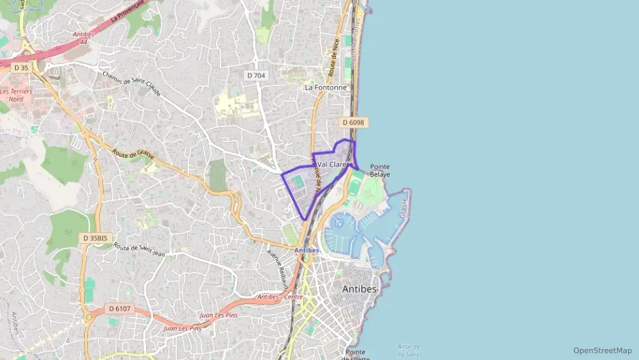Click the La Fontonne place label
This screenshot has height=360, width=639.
pos(326,87)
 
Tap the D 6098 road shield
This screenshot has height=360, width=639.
pos(353,122)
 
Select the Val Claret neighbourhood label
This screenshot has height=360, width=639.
pos(333,164)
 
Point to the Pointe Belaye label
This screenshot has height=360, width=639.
pos(380,170)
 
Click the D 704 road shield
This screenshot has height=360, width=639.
pos(256,75)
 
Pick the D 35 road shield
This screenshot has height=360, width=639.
pos(20,67)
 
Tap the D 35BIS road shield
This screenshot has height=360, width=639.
pos(94,238)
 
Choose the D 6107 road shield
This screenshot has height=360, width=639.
pos(119,309)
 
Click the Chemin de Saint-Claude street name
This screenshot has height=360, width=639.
pos(131,83)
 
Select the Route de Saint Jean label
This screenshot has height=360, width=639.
pos(140,251)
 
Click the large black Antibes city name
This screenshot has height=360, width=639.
pos(359,289)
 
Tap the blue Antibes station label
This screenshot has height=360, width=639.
pos(307,250)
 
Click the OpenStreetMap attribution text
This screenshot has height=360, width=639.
pos(602,350)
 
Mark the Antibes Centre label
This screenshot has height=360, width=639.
pos(280,296)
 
